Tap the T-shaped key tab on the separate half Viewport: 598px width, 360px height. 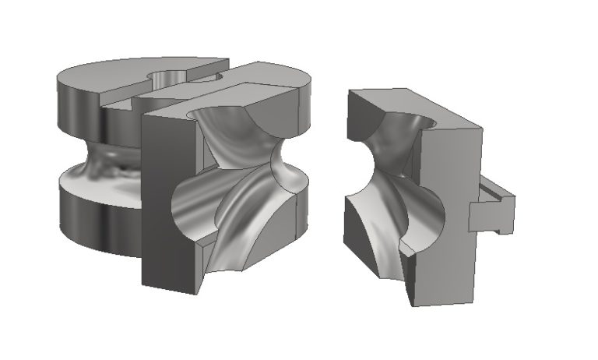pos(491,208)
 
